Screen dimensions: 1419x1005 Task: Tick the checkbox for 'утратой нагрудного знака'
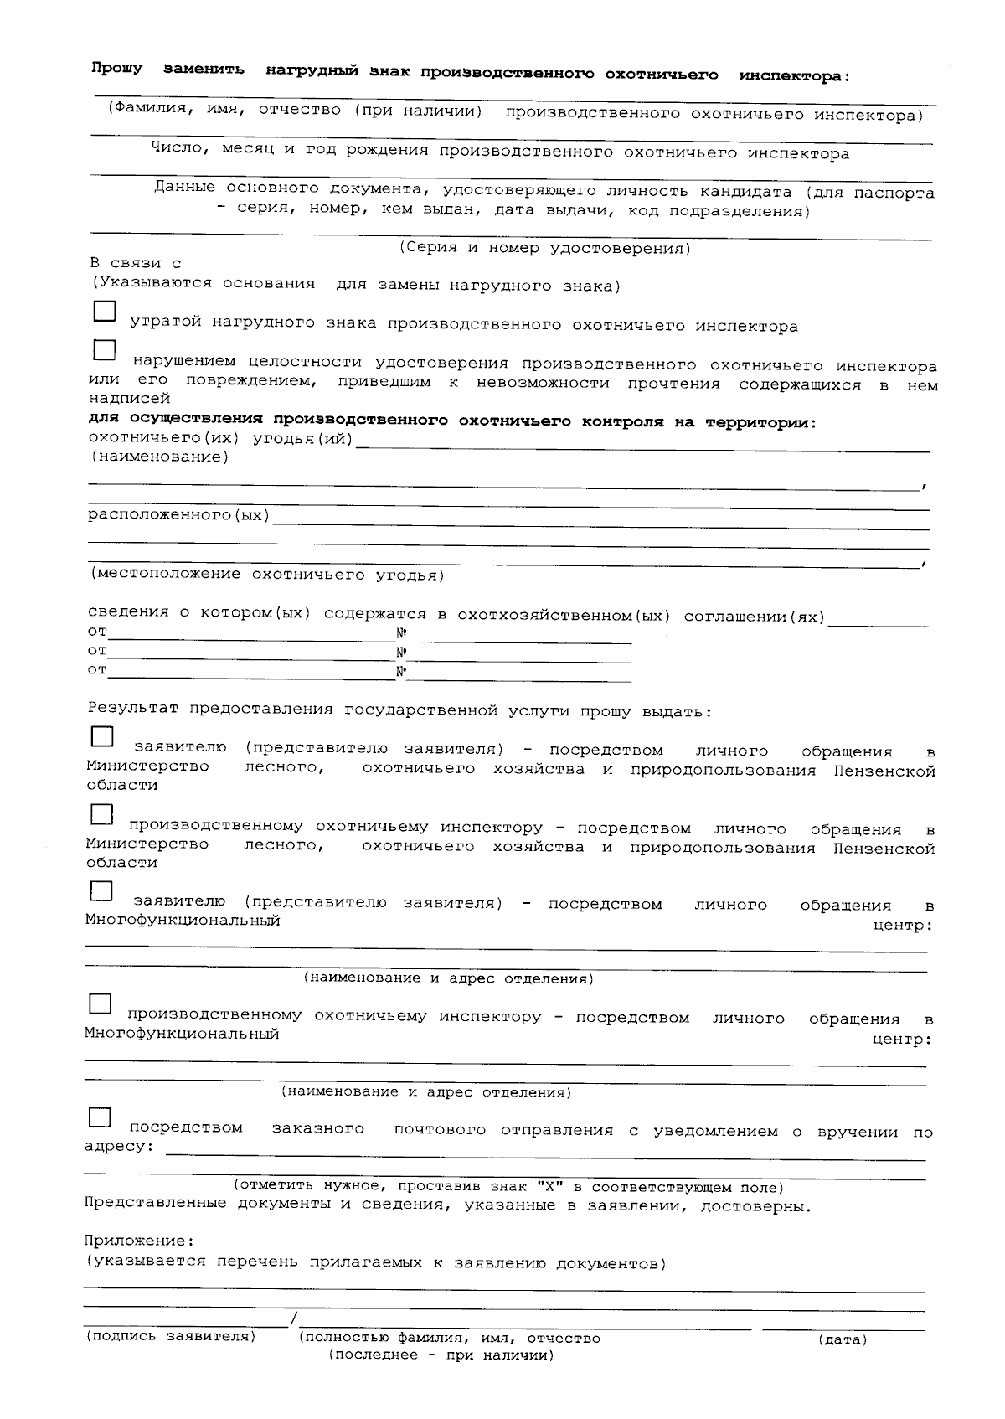click(x=104, y=312)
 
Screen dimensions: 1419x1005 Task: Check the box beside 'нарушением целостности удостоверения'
click(x=104, y=350)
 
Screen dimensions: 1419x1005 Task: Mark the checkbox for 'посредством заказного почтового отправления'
click(x=100, y=1117)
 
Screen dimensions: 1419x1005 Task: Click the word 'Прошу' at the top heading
click(x=116, y=69)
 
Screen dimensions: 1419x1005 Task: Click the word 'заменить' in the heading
click(x=204, y=70)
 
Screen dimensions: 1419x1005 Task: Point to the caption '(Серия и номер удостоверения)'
click(x=544, y=249)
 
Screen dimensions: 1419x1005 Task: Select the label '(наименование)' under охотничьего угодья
click(x=159, y=457)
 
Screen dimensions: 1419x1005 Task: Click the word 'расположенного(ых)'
click(x=179, y=514)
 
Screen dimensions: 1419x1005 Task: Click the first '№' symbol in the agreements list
click(x=401, y=634)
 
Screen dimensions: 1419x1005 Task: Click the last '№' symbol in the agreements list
click(x=401, y=672)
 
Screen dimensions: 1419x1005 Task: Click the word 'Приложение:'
click(x=139, y=1240)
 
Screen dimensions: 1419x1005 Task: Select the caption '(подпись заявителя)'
click(x=171, y=1337)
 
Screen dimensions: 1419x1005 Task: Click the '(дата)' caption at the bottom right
click(x=842, y=1340)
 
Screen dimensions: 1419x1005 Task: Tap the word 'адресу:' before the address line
click(x=119, y=1146)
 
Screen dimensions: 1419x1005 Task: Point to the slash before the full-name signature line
click(x=293, y=1321)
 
